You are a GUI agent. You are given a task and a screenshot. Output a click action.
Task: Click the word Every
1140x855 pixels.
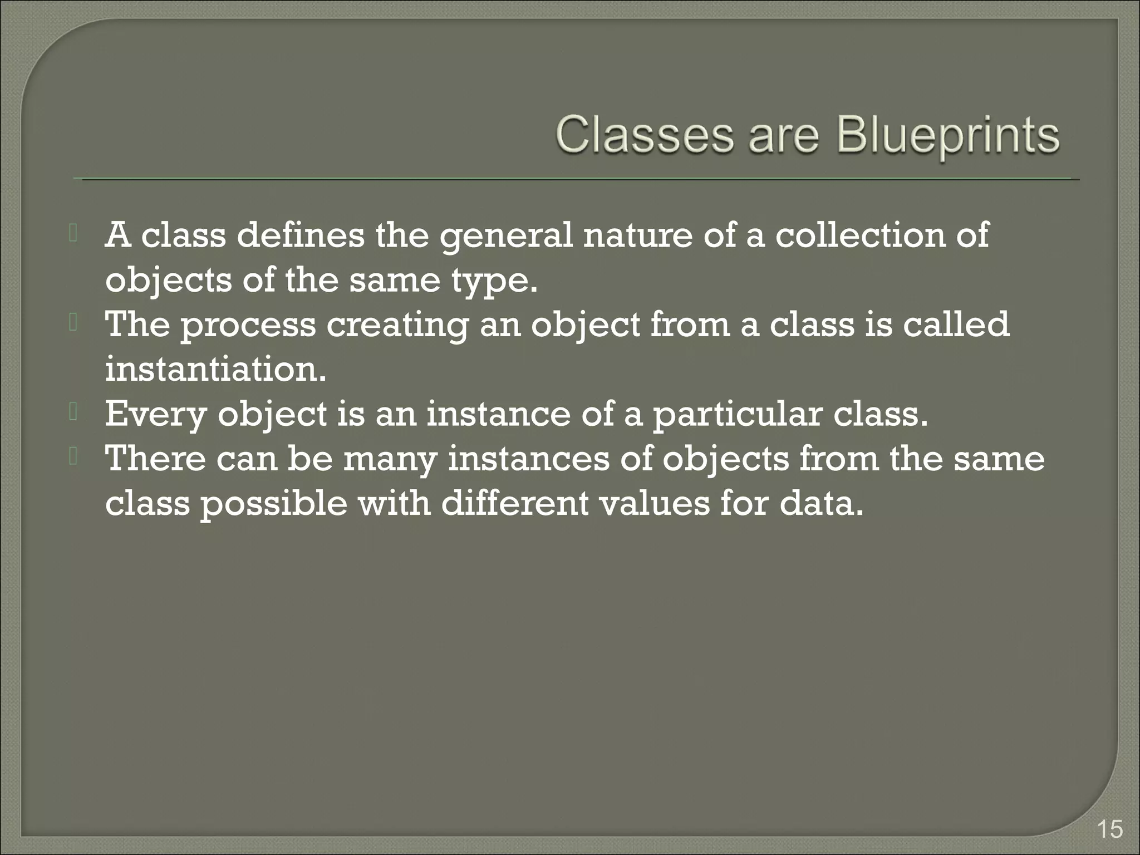156,415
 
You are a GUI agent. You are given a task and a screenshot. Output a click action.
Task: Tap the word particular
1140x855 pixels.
736,415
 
